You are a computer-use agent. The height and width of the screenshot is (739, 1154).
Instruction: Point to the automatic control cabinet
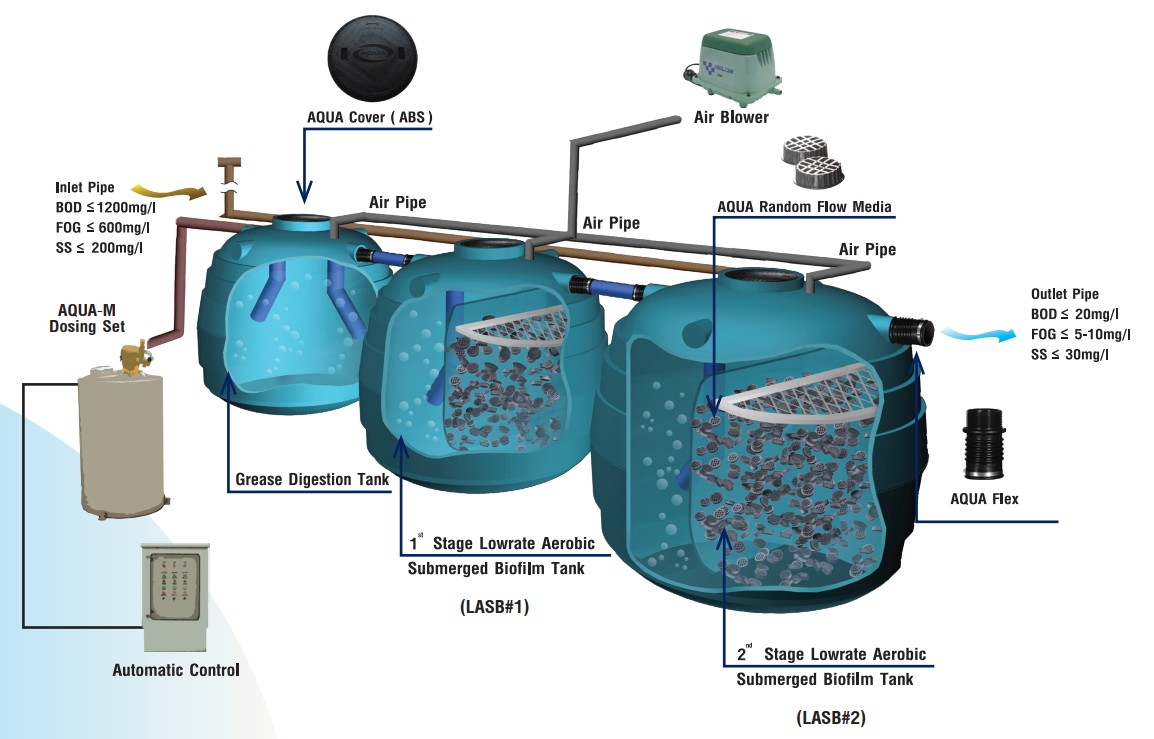(176, 597)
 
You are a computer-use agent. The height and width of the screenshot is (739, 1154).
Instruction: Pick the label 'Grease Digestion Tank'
(312, 480)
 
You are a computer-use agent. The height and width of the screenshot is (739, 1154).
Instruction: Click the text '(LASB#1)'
(494, 607)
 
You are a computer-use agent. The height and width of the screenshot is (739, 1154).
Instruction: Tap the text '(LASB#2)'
(830, 717)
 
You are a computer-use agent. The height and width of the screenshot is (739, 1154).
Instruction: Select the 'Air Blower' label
(731, 117)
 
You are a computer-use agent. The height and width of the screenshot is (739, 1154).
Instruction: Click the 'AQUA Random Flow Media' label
(804, 207)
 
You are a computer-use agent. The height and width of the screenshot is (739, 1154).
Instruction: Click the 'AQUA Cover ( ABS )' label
(369, 118)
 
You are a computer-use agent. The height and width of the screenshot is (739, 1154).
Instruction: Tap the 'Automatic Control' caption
(176, 670)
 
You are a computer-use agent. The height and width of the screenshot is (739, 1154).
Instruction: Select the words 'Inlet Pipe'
(86, 187)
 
